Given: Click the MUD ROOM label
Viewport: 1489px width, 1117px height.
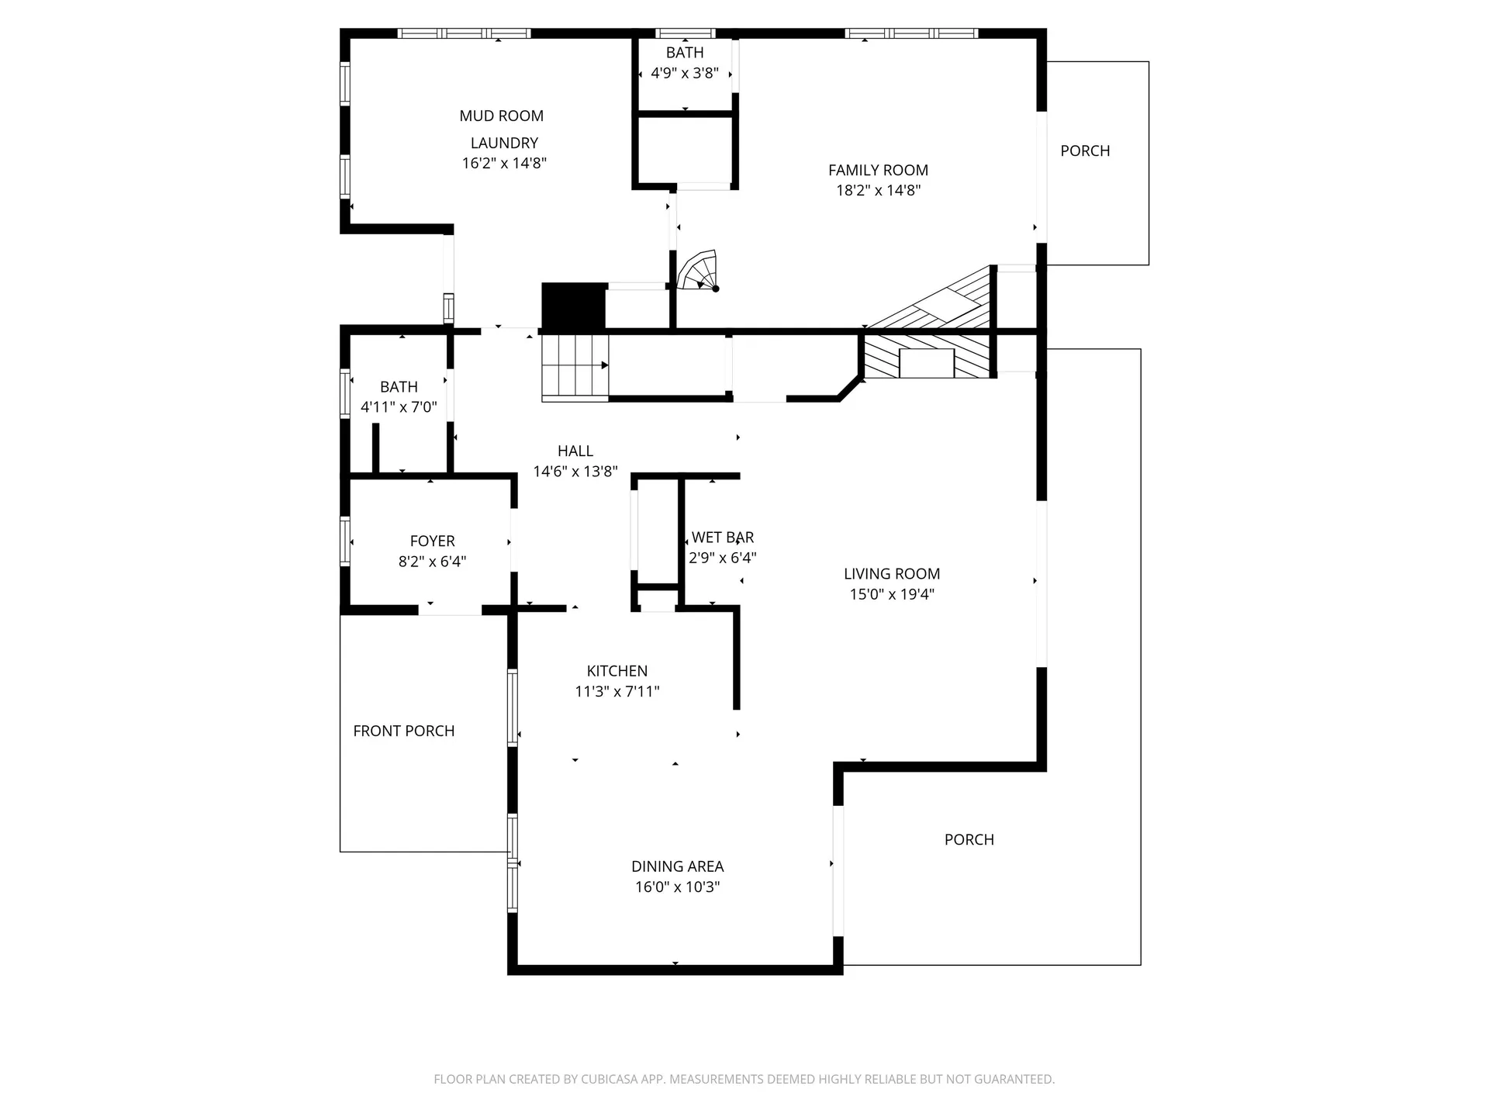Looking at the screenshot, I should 501,116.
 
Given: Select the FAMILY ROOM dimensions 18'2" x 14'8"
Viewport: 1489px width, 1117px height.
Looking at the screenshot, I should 878,191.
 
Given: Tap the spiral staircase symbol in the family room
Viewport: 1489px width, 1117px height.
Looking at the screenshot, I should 697,271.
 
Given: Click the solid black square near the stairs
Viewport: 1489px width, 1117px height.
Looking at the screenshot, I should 573,306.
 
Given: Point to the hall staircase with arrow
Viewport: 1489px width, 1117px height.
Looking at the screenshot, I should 575,367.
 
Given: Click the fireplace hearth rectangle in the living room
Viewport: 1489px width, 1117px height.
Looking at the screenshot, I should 926,363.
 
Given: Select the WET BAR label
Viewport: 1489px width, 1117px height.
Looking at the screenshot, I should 722,538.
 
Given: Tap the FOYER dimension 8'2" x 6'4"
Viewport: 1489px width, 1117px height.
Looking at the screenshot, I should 432,562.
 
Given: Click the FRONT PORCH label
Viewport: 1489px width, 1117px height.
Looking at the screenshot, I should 403,731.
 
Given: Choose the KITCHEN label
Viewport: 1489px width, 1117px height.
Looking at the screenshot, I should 617,671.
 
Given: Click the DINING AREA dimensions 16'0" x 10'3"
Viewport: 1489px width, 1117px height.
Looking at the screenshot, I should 677,887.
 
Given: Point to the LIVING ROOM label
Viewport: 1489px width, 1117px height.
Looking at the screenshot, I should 891,574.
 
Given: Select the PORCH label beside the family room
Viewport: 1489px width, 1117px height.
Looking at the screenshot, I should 1085,151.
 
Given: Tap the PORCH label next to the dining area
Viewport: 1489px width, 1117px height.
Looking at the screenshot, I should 969,839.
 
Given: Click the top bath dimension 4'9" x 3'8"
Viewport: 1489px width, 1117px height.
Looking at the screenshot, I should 684,74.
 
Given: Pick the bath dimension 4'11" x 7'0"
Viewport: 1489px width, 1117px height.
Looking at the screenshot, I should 399,407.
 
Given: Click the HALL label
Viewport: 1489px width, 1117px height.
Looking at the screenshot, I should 575,451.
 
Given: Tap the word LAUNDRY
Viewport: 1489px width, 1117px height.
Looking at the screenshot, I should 504,144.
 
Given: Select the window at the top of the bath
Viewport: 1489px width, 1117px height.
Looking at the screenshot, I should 684,33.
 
